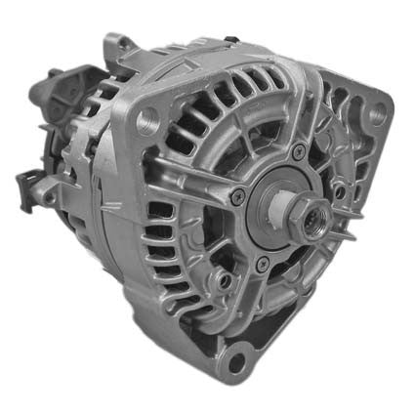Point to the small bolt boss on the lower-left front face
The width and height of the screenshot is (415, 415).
pyautogui.click(x=226, y=280)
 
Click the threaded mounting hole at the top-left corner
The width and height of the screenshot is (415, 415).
pyautogui.click(x=149, y=122)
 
